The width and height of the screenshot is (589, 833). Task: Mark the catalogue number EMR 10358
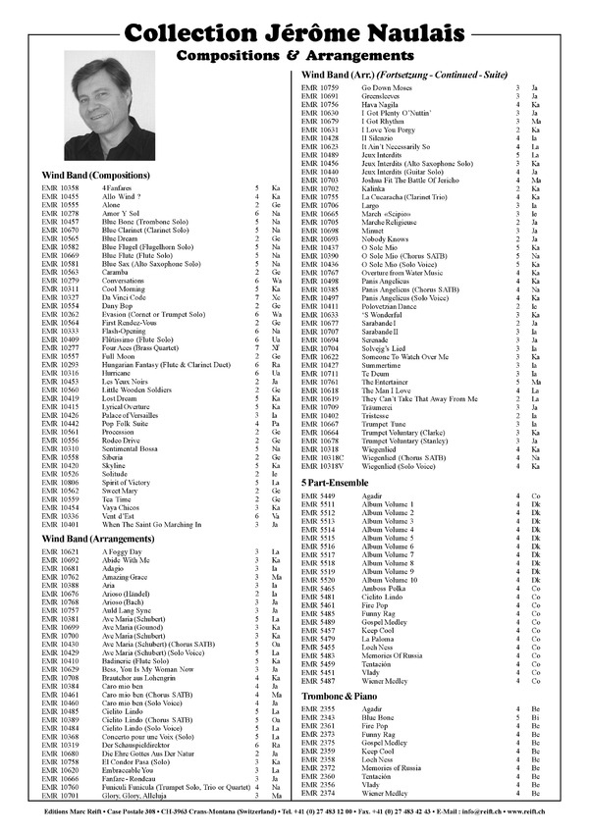coord(60,186)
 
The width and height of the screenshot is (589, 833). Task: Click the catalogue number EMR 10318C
coord(322,457)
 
